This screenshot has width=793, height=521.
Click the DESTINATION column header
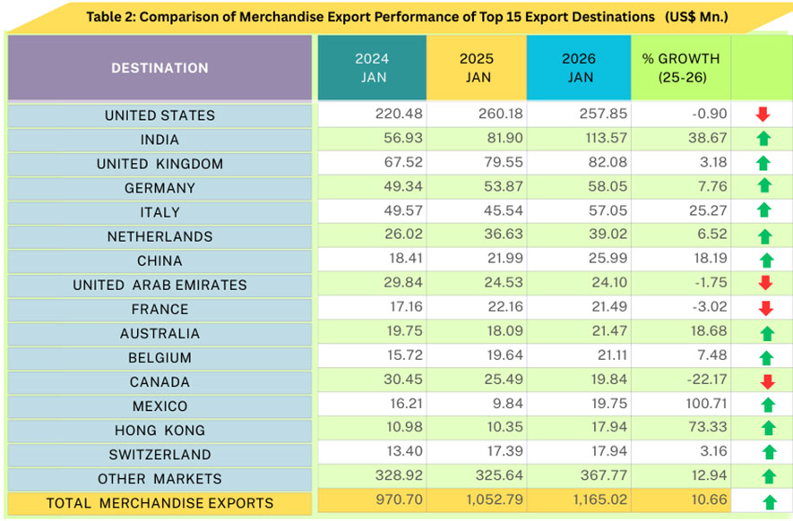click(159, 68)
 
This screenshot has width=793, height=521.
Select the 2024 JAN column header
click(371, 68)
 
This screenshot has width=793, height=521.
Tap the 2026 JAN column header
click(580, 68)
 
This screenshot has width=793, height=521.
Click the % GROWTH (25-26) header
click(681, 68)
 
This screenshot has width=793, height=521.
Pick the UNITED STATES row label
click(159, 115)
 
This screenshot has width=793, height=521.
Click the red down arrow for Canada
click(763, 382)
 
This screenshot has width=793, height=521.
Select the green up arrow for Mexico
click(763, 406)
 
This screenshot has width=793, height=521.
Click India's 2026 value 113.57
click(604, 140)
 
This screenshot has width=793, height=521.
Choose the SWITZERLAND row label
click(159, 455)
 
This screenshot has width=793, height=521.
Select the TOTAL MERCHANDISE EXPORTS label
click(159, 503)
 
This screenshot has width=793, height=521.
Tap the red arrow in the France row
click(763, 310)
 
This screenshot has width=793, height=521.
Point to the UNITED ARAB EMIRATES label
click(159, 286)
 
